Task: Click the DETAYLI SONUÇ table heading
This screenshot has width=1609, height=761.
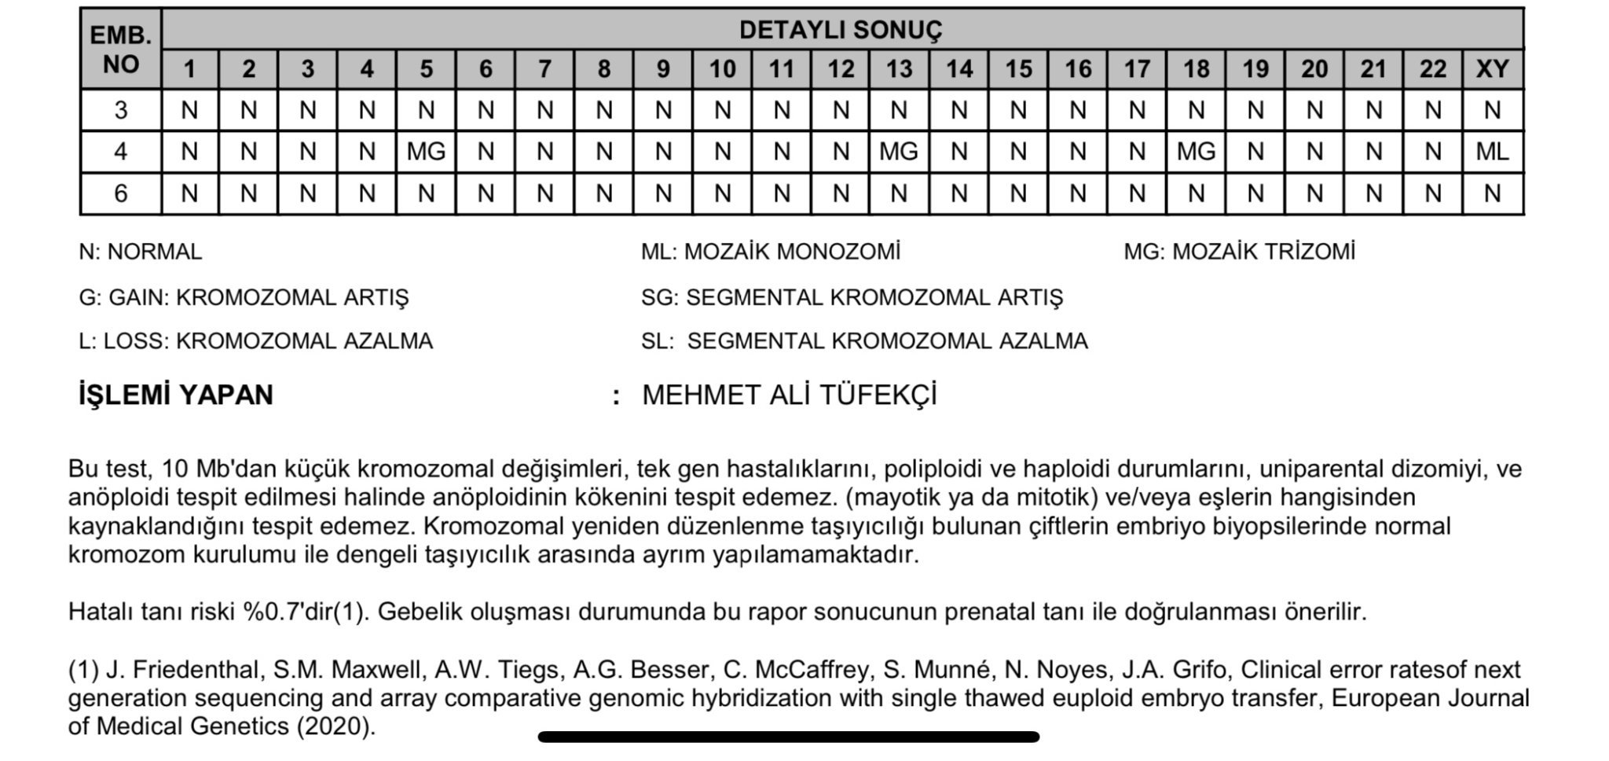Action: [x=840, y=30]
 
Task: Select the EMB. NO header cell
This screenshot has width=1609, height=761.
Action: [x=120, y=50]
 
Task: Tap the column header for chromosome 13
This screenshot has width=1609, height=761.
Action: [x=899, y=69]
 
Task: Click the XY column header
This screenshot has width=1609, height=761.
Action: [x=1492, y=69]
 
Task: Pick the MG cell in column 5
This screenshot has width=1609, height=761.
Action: [x=426, y=151]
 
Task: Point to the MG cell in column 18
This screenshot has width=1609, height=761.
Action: [x=1196, y=151]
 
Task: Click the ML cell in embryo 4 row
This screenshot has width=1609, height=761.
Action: [x=1492, y=151]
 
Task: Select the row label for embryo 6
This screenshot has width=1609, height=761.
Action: [x=120, y=193]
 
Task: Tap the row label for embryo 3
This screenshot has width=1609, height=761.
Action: [x=120, y=109]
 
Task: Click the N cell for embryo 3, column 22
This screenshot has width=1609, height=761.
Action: [x=1432, y=109]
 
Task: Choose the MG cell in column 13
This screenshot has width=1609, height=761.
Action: [x=899, y=151]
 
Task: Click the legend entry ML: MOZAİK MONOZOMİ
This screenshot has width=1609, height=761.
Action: [x=770, y=252]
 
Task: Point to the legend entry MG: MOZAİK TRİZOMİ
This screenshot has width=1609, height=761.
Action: [x=1239, y=252]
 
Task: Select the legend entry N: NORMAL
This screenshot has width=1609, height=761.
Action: [x=140, y=252]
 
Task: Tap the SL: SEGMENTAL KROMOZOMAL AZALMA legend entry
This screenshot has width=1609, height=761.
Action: [x=863, y=341]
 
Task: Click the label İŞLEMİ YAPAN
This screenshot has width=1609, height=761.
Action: [x=175, y=395]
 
